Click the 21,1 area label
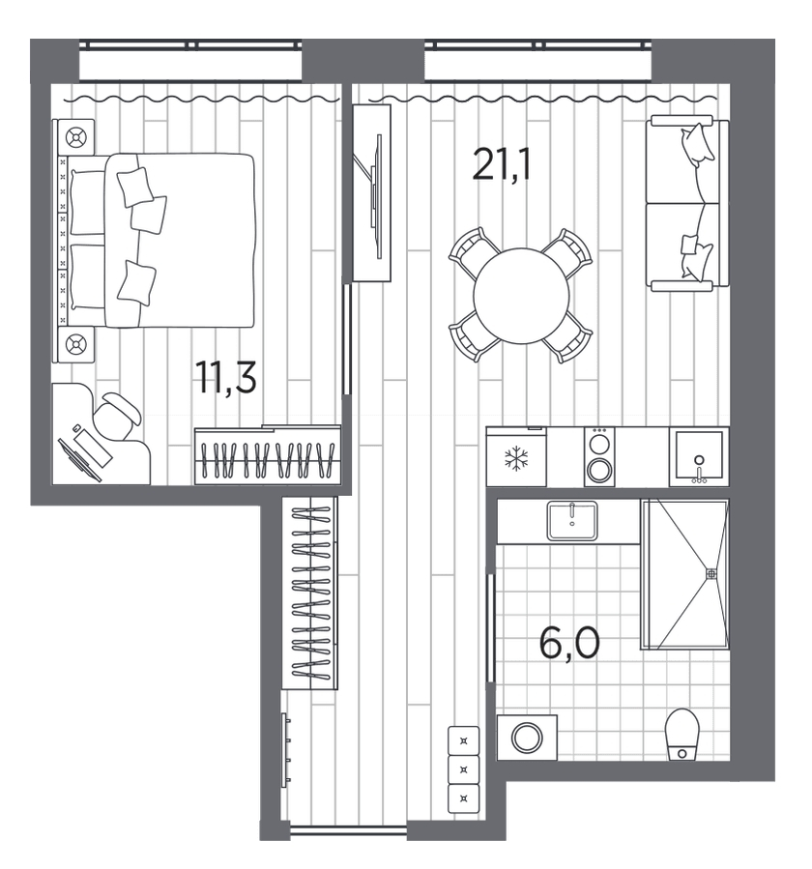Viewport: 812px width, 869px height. pos(502,164)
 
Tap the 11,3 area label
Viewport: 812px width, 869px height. pos(225,377)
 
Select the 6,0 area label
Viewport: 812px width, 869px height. pos(569,644)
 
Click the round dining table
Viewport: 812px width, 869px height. pos(521,296)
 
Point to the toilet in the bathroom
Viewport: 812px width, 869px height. pos(681,735)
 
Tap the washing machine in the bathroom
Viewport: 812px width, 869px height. pos(527,738)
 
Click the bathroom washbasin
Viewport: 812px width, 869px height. pos(572,520)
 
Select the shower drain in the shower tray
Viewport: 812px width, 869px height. pos(711,574)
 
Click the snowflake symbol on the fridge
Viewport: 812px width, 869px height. pos(516,459)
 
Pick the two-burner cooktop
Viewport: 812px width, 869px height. pos(599,456)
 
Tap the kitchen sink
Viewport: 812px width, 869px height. pos(699,456)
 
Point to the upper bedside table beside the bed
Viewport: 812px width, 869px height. pos(75,136)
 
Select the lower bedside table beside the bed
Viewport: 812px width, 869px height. pos(75,344)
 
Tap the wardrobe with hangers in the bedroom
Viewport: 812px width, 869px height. pos(268,455)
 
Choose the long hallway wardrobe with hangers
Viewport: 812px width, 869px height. pos(310,593)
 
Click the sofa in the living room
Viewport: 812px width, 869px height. pos(687,203)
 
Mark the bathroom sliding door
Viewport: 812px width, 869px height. pos(490,628)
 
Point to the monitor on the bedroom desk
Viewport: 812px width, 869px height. pos(80,459)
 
